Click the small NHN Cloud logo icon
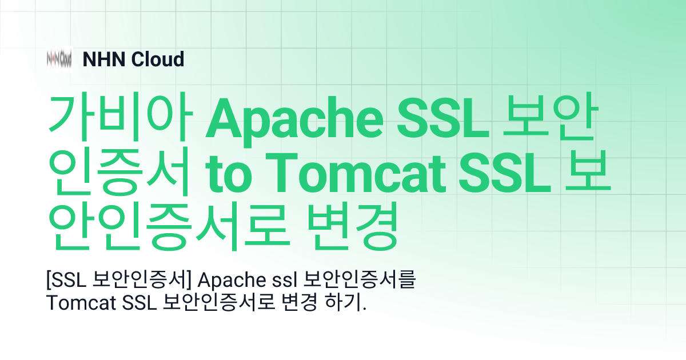[x=59, y=59]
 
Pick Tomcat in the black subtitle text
[x=81, y=303]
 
